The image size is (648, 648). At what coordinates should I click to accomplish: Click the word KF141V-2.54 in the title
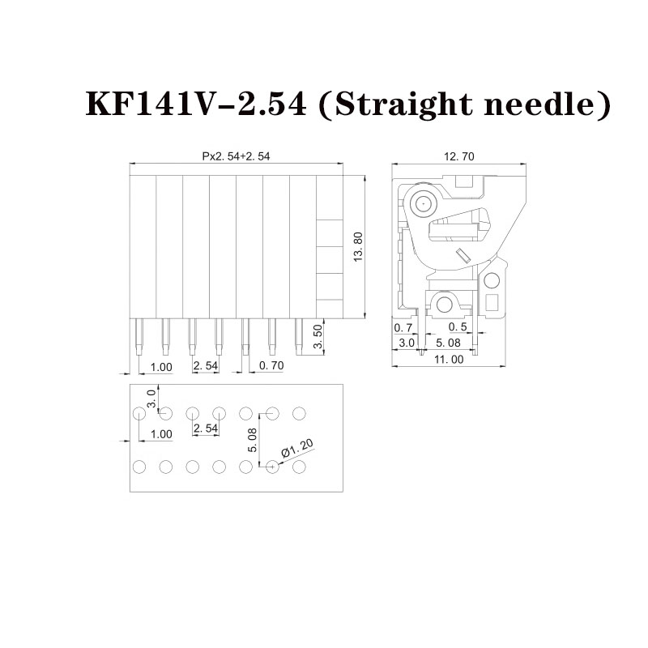pos(196,104)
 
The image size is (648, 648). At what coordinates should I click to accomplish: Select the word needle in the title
pos(544,104)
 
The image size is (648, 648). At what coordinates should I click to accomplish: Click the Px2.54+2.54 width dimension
pos(236,156)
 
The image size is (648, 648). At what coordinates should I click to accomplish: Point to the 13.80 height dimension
pos(358,247)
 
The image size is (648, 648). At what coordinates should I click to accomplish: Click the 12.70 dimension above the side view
pos(459,156)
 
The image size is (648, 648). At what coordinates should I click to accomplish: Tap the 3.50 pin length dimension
pos(318,337)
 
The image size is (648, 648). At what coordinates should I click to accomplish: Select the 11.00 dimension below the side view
pos(449,360)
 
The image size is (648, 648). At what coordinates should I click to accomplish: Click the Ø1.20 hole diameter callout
pos(297,449)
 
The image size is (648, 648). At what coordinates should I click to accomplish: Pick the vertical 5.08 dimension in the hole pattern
pos(253,440)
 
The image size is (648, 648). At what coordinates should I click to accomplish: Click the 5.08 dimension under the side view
pos(448,343)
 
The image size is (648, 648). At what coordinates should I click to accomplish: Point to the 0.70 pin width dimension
pos(271,365)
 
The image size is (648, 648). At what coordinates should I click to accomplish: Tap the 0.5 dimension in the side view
pos(458,327)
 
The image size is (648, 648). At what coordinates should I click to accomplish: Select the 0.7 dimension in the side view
pos(403,328)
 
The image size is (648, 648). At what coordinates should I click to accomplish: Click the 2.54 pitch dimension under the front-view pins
pos(206,365)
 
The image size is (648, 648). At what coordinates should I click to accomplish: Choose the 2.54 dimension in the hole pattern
pos(206,428)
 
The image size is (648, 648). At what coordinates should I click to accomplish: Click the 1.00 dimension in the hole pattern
pos(161,434)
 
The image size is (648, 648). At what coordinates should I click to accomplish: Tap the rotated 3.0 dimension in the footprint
pos(151,399)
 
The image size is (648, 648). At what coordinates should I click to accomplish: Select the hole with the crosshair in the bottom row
pos(272,467)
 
